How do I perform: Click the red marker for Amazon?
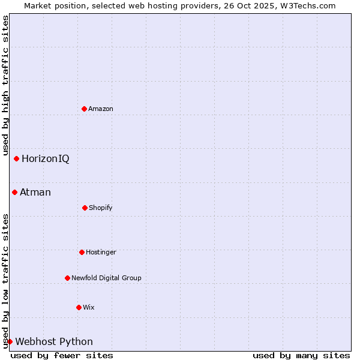(84, 109)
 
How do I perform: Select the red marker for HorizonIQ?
(16, 158)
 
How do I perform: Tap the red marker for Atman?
(14, 192)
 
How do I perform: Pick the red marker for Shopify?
(85, 208)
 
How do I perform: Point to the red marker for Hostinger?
(82, 252)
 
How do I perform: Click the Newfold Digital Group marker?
(67, 278)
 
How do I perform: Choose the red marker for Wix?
(79, 307)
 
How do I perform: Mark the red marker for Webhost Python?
(10, 341)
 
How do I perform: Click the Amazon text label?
(101, 109)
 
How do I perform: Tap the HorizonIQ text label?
(46, 158)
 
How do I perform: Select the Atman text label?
(35, 192)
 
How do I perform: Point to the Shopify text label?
(101, 208)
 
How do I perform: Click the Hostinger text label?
(101, 252)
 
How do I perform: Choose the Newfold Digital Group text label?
(106, 278)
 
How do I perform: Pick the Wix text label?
(89, 307)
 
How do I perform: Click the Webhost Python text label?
(54, 341)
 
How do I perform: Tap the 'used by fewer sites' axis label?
(62, 355)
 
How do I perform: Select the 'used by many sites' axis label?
(301, 355)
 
